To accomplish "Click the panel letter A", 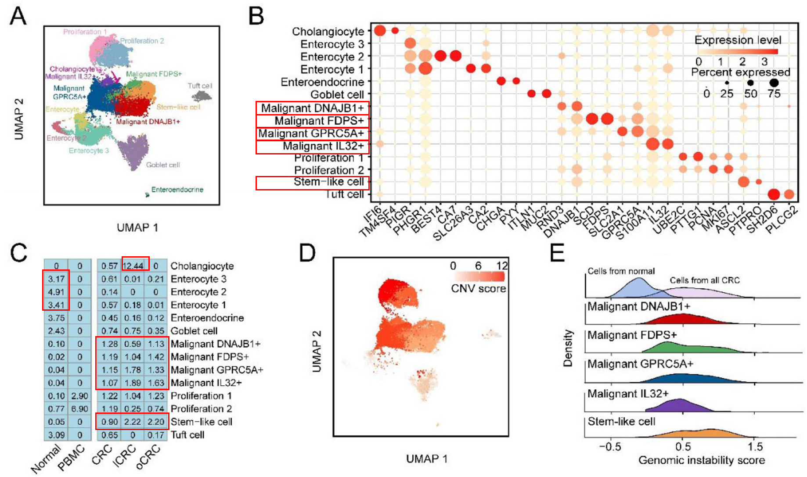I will click(x=18, y=17).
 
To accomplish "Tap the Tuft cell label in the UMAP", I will click(x=200, y=86).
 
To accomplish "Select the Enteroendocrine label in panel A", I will click(x=177, y=190).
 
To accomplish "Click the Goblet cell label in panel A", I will click(x=163, y=165).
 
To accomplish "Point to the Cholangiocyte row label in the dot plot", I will click(x=328, y=32).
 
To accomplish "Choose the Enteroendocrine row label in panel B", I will click(x=322, y=82).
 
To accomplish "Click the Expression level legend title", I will click(x=738, y=40).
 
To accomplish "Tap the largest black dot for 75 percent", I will click(x=774, y=82).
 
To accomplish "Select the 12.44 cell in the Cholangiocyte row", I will click(x=133, y=266).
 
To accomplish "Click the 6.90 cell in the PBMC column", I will click(x=79, y=409).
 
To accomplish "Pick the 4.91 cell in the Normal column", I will click(x=56, y=292).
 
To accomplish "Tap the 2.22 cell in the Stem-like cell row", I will click(x=133, y=422).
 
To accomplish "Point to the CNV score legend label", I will click(x=478, y=289).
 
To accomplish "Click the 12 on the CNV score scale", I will click(x=502, y=266).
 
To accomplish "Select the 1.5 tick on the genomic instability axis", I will click(x=755, y=447).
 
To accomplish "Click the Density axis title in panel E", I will click(x=568, y=348).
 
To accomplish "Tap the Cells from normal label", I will click(x=621, y=271).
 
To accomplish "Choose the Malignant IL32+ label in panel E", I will click(x=628, y=394).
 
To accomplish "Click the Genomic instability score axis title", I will click(x=701, y=460).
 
